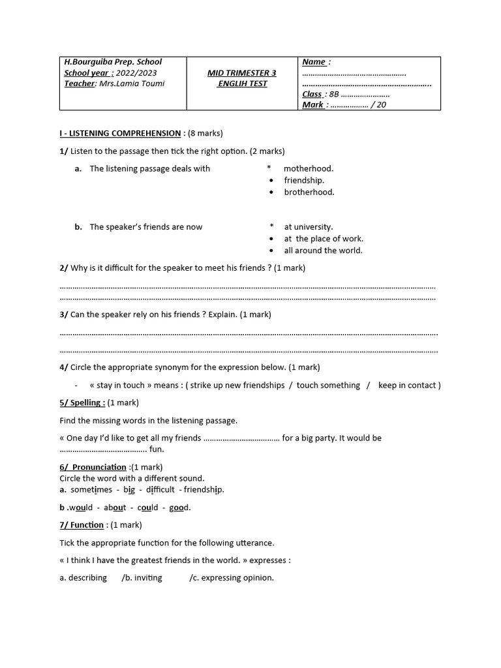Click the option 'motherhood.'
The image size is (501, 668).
coord(308,168)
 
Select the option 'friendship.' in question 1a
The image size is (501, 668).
coord(303,180)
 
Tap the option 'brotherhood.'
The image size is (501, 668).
coord(309,192)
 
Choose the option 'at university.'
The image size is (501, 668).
coord(308,227)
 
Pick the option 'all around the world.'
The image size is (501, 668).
coord(323,250)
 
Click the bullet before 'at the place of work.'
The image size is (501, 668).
coord(271,239)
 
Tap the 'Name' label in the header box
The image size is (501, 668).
coord(314,62)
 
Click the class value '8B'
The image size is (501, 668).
coord(335,94)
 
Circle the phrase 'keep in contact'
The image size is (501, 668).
coord(408,385)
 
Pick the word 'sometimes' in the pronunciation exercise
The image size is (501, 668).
coord(91,489)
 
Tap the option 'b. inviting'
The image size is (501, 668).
coord(142,577)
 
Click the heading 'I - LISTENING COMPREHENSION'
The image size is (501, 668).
coord(120,133)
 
